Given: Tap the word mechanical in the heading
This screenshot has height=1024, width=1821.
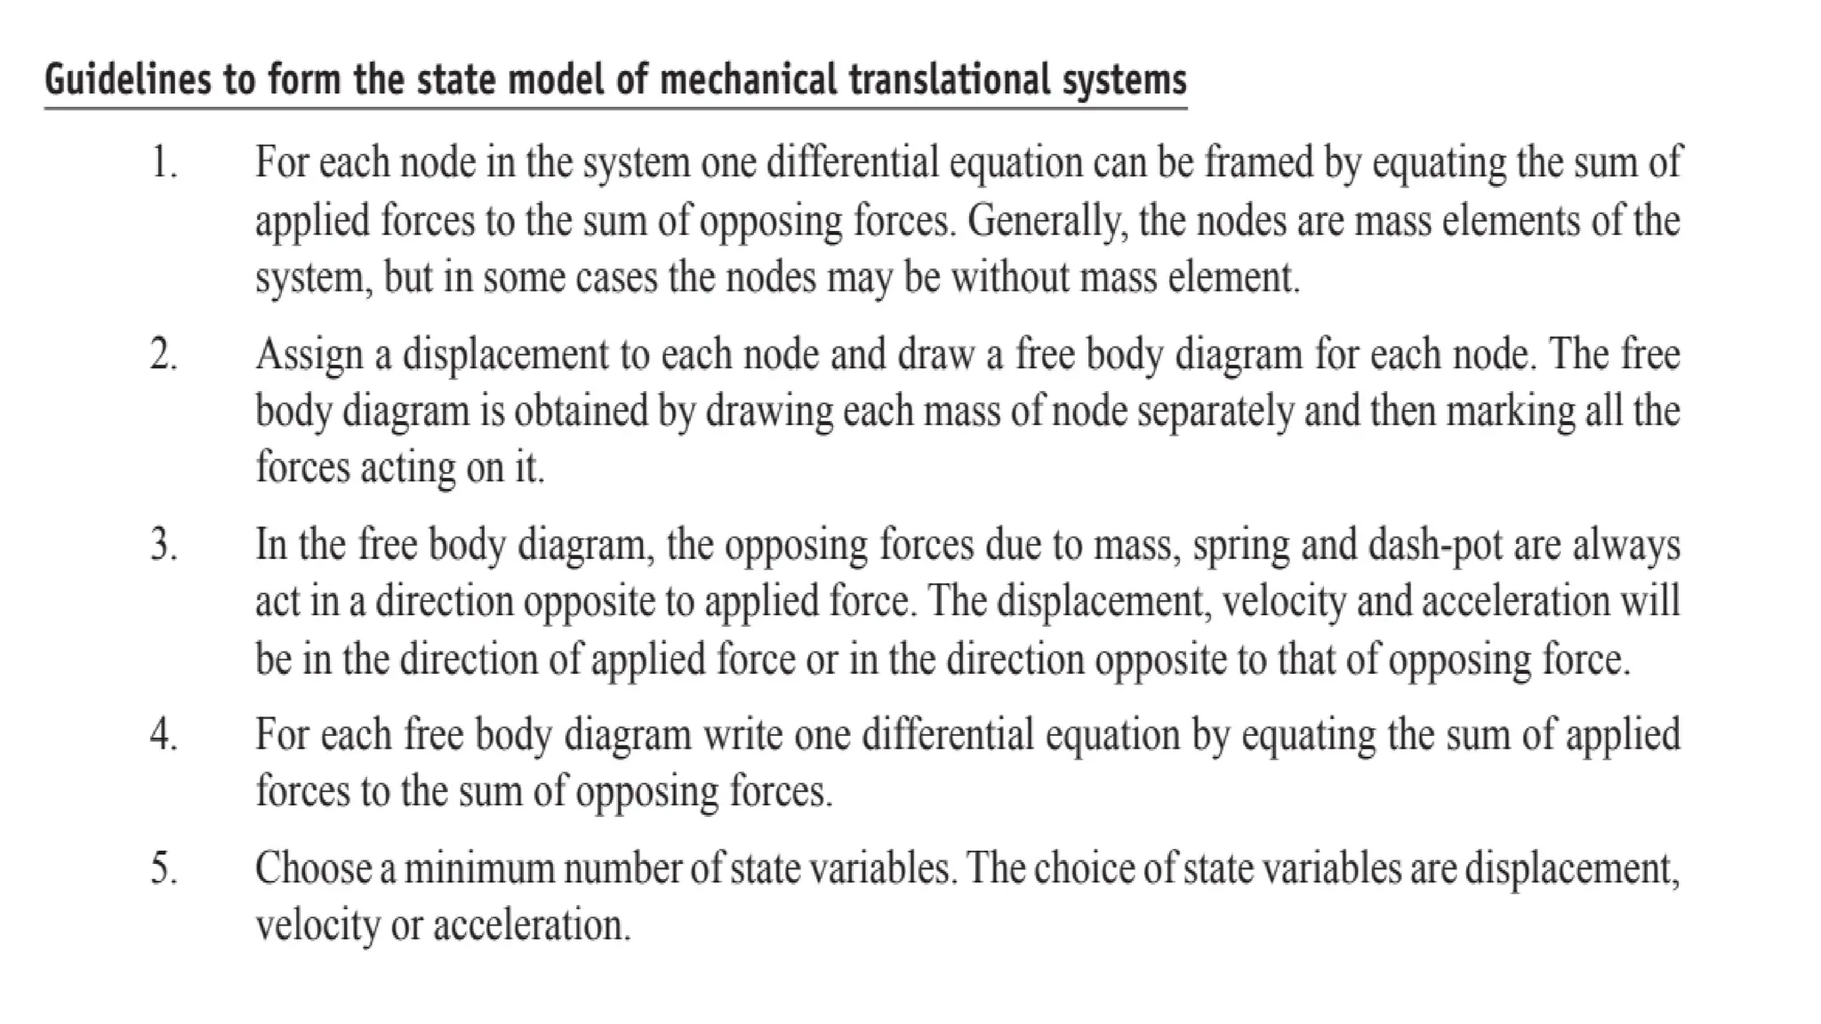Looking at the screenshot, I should pyautogui.click(x=748, y=80).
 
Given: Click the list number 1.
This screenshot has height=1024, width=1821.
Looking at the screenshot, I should pyautogui.click(x=163, y=164).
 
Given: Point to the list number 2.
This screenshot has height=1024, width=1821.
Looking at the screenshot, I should pyautogui.click(x=163, y=355).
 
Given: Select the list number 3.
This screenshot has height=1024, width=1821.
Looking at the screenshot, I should pyautogui.click(x=163, y=545).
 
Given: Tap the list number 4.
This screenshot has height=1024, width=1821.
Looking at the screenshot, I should pyautogui.click(x=163, y=735).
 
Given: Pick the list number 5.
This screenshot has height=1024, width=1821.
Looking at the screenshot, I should pyautogui.click(x=163, y=868).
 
